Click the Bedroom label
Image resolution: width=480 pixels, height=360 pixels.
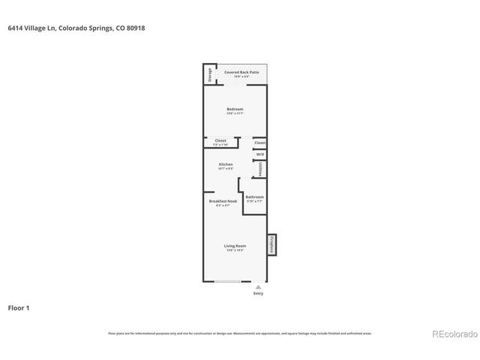click(235, 109)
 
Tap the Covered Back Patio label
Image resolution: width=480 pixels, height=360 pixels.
click(241, 72)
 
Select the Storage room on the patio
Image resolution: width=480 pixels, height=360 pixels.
click(209, 75)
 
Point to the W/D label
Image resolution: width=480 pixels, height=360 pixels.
click(260, 154)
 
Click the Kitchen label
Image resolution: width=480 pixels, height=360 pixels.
click(226, 164)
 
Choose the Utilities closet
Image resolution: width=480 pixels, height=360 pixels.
click(260, 170)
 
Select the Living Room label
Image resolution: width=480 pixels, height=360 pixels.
click(235, 246)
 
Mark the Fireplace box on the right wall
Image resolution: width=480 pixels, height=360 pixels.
click(273, 244)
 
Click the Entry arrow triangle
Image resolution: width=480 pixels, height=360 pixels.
click(258, 286)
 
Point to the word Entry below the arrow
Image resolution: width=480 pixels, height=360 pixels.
click(258, 293)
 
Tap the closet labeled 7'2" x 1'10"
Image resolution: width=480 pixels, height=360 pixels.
click(220, 141)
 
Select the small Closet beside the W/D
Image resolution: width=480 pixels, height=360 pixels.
click(260, 142)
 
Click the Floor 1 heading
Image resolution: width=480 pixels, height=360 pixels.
click(19, 307)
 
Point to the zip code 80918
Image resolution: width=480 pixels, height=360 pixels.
click(136, 28)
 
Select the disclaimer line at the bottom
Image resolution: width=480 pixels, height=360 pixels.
click(240, 334)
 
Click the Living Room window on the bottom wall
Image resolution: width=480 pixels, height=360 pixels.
click(228, 281)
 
